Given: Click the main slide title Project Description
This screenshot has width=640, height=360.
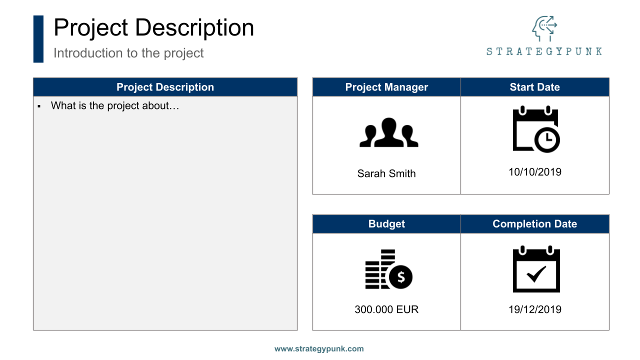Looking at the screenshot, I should tap(153, 27).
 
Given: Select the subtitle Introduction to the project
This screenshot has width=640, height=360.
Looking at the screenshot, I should tap(128, 53).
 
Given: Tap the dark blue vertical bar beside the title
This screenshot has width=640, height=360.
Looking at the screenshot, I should tap(38, 39).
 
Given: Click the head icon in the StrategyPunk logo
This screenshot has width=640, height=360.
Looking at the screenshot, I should tap(543, 29).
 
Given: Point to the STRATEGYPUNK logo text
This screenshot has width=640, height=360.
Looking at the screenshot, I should tap(544, 51).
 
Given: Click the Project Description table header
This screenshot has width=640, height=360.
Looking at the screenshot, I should tap(165, 87).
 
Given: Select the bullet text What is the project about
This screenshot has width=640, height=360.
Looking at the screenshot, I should tap(115, 106).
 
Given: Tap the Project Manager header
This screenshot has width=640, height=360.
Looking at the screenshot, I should tap(386, 87).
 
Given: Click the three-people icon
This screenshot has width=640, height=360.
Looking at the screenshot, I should tap(388, 132).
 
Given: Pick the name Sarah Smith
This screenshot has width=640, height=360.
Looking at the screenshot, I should tap(386, 173).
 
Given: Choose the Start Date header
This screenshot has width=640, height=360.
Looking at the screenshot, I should tap(534, 87).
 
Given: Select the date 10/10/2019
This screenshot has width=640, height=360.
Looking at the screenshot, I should tap(535, 172).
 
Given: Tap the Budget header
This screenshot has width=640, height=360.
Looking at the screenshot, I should tap(386, 224).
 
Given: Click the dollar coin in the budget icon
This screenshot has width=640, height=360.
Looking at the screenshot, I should tap(400, 276).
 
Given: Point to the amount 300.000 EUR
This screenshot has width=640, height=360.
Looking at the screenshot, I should tap(386, 309).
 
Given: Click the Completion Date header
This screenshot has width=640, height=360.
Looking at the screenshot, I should tap(534, 224).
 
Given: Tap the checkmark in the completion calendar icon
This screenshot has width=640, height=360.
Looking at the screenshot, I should tap(536, 274).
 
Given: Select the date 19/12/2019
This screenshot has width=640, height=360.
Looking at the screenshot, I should tap(535, 309).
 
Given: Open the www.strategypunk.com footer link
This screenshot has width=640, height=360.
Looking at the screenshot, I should tap(319, 349).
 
